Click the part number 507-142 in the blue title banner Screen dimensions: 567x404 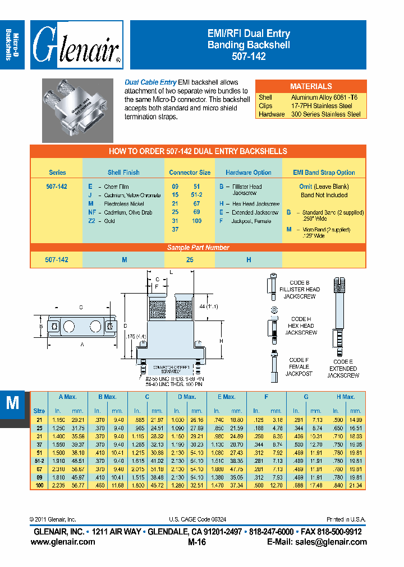249,56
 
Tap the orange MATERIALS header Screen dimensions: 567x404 310,86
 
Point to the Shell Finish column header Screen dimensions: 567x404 123,173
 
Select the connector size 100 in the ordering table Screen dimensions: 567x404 197,221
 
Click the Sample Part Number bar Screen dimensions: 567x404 198,247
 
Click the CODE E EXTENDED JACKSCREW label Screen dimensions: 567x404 343,369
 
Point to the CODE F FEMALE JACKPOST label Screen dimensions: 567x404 299,366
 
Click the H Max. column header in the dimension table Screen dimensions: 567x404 345,397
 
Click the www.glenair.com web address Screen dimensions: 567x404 63,542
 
